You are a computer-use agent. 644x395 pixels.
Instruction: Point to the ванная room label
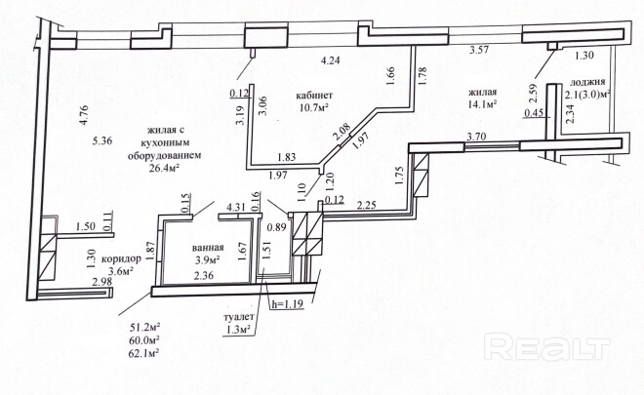[x=209, y=247]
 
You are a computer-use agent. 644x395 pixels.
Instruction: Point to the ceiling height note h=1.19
[x=290, y=302]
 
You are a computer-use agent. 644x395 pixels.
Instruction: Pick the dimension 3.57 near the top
[x=478, y=50]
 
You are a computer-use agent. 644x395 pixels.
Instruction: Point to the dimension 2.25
[x=367, y=205]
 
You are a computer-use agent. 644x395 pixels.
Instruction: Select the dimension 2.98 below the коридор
[x=101, y=283]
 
